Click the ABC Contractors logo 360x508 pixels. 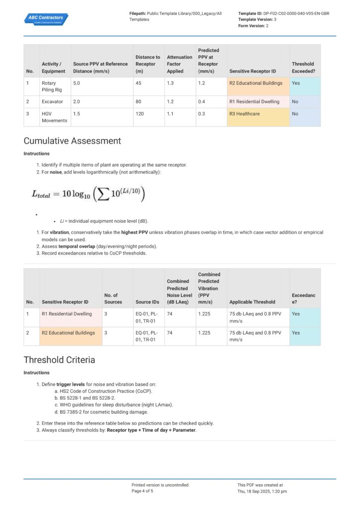[x=46, y=19]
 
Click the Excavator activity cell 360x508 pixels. [x=53, y=102]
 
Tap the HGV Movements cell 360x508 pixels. [x=54, y=117]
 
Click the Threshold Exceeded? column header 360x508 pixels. [x=303, y=67]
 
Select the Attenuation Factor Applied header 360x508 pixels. [x=179, y=64]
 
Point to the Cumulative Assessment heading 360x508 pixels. [x=72, y=141]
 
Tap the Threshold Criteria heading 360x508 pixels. [x=59, y=360]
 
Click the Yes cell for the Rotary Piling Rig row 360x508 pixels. [x=296, y=83]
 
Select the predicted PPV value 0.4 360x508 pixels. [x=202, y=102]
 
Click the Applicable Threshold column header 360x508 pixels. [x=252, y=302]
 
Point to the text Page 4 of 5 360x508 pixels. [x=143, y=491]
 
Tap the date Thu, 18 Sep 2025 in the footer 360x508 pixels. [x=262, y=491]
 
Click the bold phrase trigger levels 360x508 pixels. [x=70, y=384]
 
